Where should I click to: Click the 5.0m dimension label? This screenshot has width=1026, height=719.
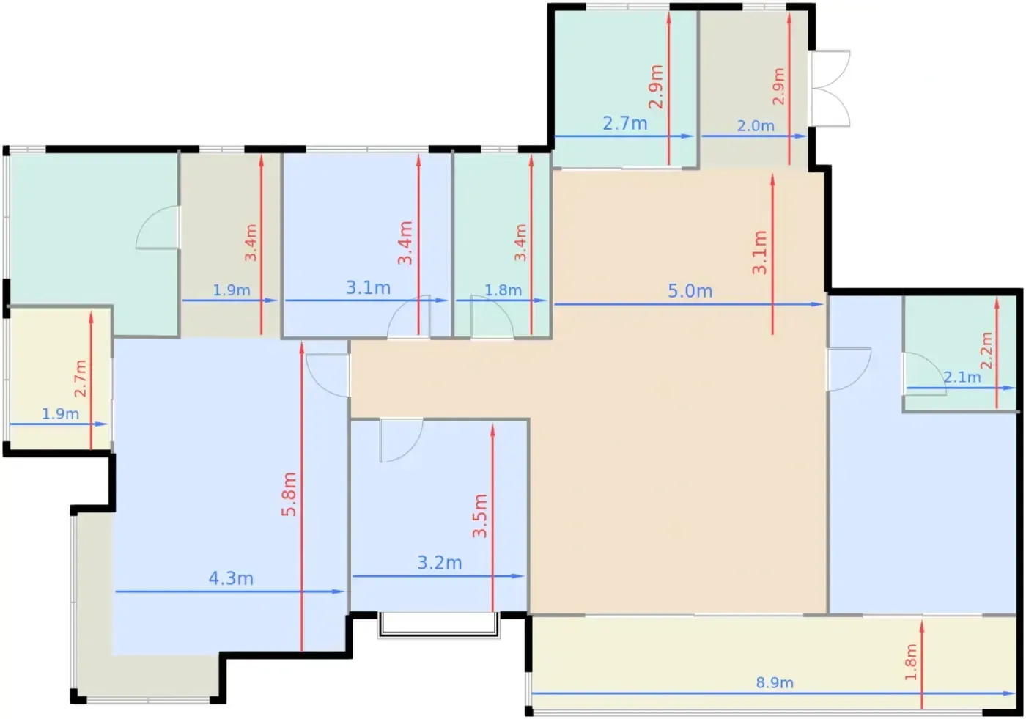pos(690,291)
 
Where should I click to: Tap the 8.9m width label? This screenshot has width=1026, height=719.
pos(775,683)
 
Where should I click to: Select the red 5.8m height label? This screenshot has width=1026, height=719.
pos(289,494)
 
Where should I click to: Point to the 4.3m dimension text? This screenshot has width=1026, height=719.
pos(231,578)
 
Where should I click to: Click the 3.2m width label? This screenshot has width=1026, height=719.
pos(439,563)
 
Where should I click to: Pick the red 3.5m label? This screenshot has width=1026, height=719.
pos(479,516)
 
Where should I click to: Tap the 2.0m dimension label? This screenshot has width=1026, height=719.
pos(756,126)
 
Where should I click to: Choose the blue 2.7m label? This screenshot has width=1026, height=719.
pos(624,123)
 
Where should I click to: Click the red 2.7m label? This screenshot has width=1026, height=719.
pos(81,378)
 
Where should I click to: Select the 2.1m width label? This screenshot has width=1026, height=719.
pos(962,377)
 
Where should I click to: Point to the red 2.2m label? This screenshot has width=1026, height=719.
pos(986,351)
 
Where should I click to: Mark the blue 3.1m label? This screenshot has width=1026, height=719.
pos(368,288)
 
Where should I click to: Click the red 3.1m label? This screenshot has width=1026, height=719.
pos(759,253)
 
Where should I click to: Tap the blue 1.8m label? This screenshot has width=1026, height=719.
pos(503,290)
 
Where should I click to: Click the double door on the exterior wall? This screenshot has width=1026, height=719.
pos(830,88)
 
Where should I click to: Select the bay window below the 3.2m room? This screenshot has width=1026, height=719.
pos(439,624)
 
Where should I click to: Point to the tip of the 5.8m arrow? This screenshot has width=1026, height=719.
pos(302,342)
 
